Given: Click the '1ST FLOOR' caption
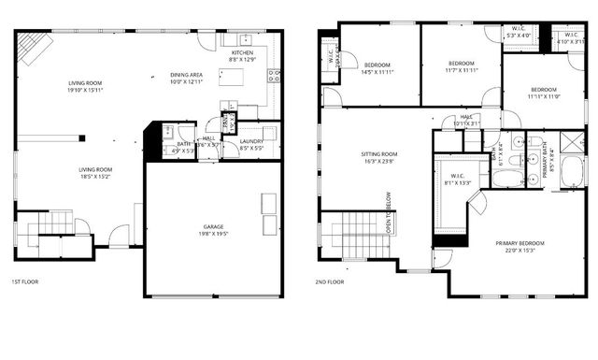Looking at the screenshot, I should [x=24, y=281].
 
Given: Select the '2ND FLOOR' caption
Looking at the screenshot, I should [x=329, y=281].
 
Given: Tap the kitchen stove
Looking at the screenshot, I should [x=273, y=77].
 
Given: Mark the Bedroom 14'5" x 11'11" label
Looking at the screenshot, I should [x=377, y=67].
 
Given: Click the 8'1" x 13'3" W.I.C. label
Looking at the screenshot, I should [x=457, y=180].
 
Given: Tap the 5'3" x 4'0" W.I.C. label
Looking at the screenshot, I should [x=518, y=33].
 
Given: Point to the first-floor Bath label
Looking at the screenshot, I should [x=182, y=147].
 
